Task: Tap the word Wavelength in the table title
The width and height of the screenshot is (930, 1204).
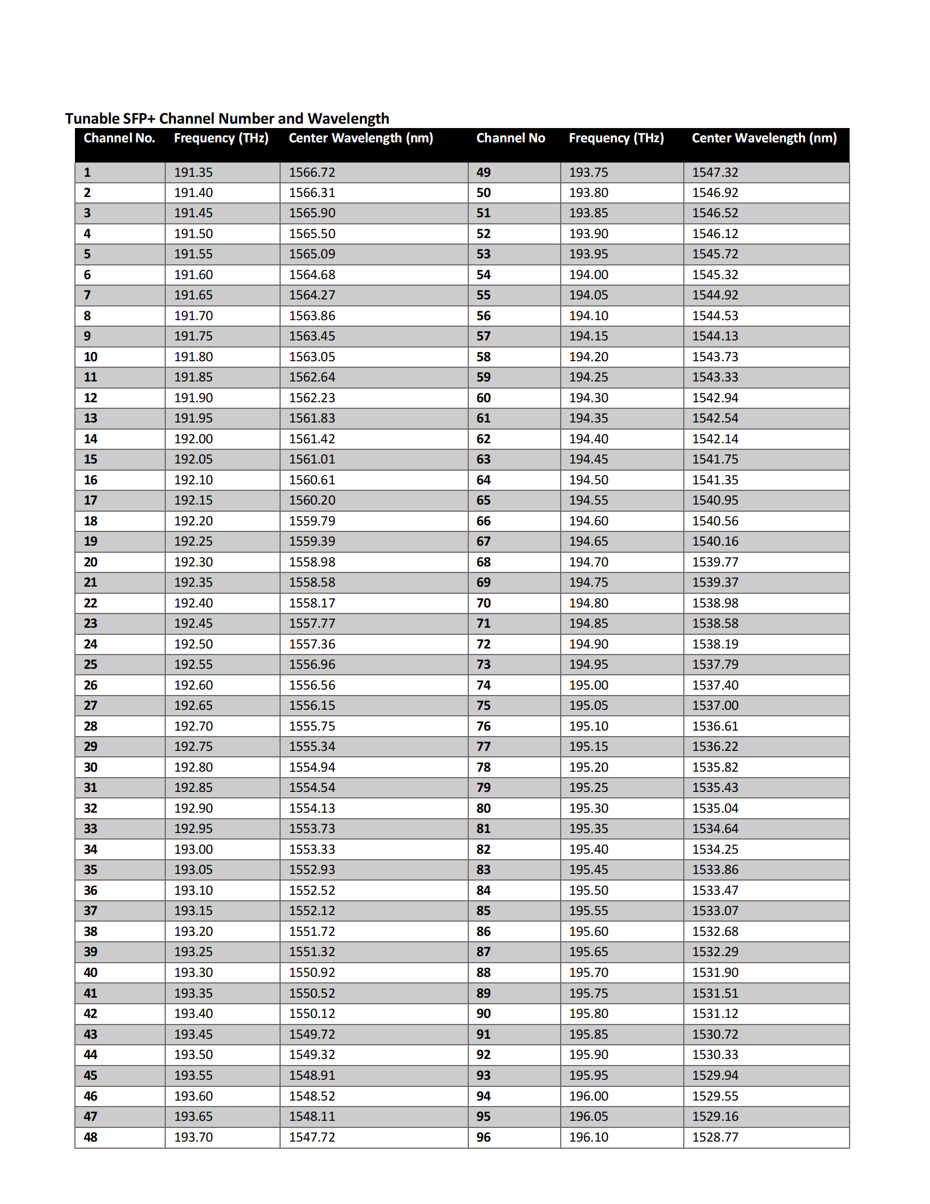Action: pos(347,119)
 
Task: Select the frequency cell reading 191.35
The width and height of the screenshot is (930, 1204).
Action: pos(193,172)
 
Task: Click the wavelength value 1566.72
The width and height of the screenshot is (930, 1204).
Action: pos(312,172)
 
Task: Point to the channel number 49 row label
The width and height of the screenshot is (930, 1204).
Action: pos(483,172)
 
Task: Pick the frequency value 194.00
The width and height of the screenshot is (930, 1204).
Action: pos(589,275)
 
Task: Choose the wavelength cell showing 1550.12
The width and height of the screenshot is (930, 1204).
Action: pos(312,1013)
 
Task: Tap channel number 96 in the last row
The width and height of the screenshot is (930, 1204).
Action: pos(483,1137)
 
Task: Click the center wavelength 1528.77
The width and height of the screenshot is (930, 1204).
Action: pos(714,1137)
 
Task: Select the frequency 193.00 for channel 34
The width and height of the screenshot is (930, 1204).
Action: pos(193,849)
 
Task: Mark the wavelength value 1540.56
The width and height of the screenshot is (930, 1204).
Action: pos(714,521)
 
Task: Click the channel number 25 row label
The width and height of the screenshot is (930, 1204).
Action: pos(90,664)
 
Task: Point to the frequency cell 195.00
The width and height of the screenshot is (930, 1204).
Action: pos(589,685)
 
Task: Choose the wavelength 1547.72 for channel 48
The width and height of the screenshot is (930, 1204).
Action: pos(312,1137)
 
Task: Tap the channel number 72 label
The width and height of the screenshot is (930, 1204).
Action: pos(483,644)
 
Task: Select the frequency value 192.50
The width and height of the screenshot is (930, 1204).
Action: pos(193,644)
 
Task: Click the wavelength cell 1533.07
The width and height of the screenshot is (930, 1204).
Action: pos(714,911)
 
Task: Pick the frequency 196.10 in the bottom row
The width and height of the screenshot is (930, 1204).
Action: pos(589,1137)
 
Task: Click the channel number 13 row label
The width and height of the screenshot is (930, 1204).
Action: pos(90,418)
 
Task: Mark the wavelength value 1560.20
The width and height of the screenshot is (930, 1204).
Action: pos(312,500)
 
